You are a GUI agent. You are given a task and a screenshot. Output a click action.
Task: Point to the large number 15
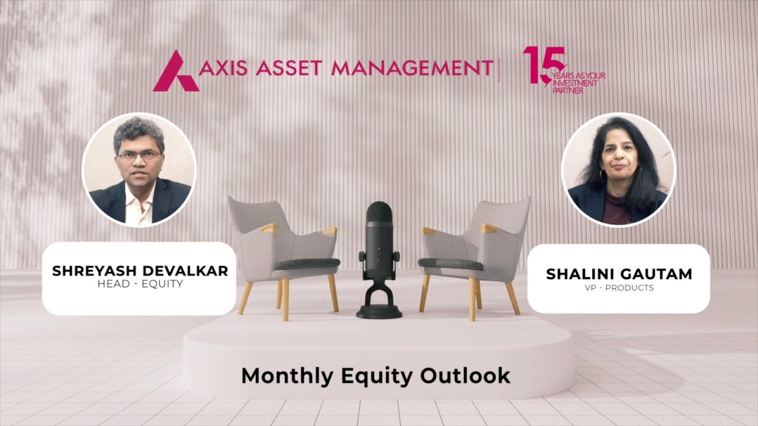point(540,64)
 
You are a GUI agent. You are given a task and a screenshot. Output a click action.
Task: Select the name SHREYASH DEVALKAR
point(140,271)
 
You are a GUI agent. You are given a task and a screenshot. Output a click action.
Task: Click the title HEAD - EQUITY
point(140,284)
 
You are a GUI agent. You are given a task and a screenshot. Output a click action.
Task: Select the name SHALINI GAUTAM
point(619,274)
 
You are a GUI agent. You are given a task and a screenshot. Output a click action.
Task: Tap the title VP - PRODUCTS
point(619,288)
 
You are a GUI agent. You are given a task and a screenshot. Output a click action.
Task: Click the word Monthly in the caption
point(281,376)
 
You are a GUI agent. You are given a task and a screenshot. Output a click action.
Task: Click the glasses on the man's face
point(139,155)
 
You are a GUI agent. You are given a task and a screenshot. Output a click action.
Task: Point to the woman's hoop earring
point(603,175)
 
